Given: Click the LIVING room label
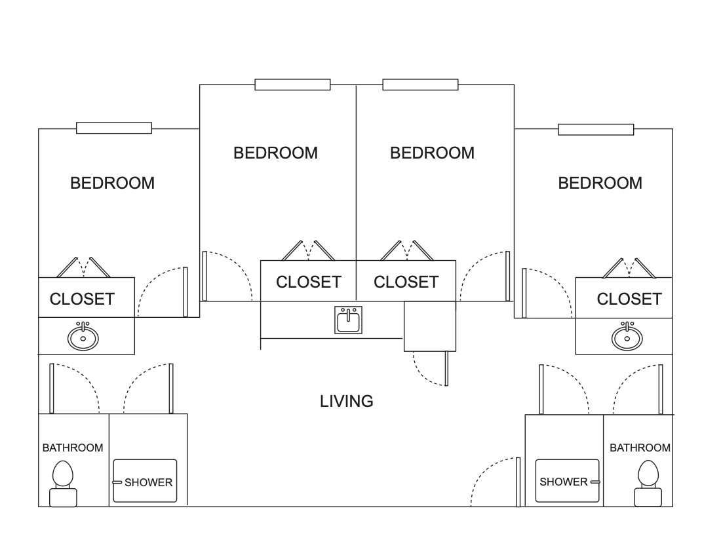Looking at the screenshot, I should (347, 401).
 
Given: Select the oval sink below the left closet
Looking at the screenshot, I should (83, 337).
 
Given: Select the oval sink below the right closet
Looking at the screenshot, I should (627, 337).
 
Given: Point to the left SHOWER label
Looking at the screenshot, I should (148, 482).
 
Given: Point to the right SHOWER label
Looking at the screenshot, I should (564, 482).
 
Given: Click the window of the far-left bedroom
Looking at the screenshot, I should (114, 128).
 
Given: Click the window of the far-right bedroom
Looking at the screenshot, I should (596, 129).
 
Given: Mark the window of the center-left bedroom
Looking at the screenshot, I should (292, 85).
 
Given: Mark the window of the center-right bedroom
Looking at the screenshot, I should (420, 85).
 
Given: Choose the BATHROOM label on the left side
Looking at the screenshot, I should (73, 448).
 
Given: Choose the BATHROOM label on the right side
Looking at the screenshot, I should (640, 448).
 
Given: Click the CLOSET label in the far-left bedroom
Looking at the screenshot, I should (82, 299).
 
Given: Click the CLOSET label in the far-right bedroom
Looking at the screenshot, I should (629, 299).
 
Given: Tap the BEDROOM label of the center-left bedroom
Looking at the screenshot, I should (275, 153).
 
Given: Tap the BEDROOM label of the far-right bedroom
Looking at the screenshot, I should (600, 183).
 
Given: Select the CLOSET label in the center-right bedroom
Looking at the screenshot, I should (406, 282).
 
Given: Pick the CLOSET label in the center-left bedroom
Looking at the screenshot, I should (308, 282).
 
